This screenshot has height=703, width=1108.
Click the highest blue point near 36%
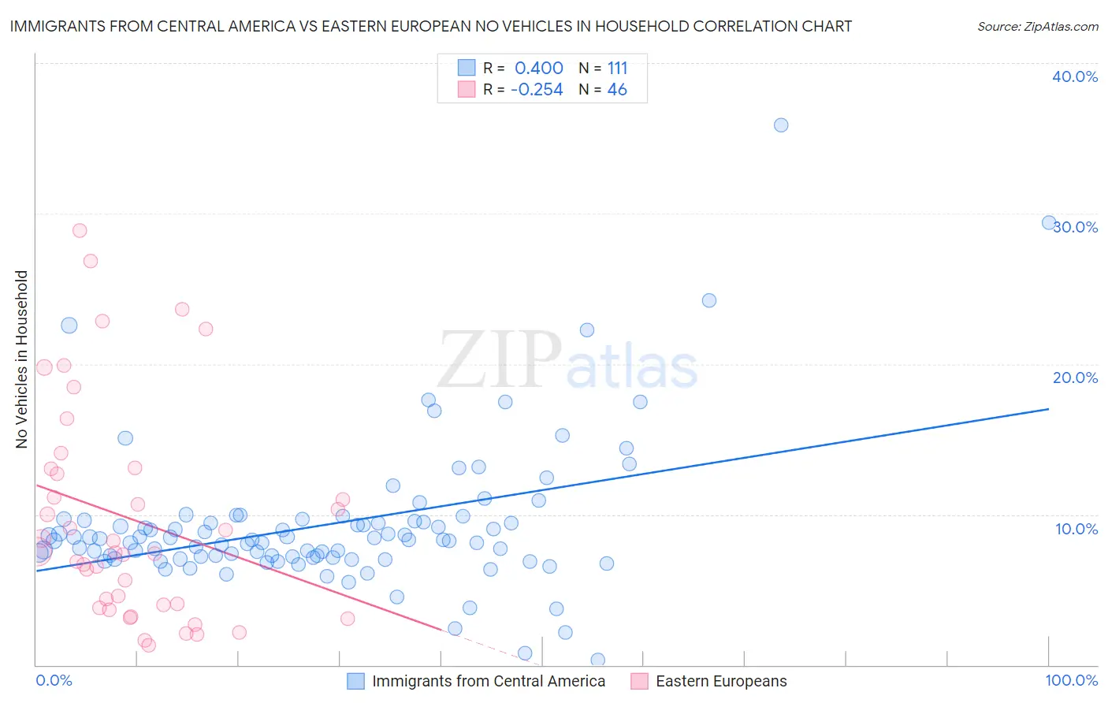(x=781, y=125)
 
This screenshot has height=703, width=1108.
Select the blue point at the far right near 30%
(x=1049, y=223)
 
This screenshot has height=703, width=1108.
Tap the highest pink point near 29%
(x=80, y=230)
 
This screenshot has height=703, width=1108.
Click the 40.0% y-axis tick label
(x=1075, y=76)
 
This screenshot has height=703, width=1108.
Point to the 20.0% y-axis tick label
(x=1075, y=378)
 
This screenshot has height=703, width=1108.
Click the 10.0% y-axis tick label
(x=1076, y=529)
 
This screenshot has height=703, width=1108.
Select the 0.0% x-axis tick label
(x=54, y=680)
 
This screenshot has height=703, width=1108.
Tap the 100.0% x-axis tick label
(x=1071, y=680)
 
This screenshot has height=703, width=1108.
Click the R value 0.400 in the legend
(x=538, y=69)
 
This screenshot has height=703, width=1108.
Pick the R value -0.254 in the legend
(x=537, y=90)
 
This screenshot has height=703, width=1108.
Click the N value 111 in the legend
(x=617, y=69)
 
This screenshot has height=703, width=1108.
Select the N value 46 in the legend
(x=617, y=90)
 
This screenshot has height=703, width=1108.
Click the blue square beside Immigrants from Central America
(x=356, y=682)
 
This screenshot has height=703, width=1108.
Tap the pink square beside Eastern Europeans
(x=640, y=682)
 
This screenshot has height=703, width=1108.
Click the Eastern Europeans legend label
(x=721, y=682)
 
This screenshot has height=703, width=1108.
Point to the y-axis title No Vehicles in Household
(x=22, y=359)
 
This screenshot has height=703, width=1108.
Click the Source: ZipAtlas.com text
(x=1037, y=27)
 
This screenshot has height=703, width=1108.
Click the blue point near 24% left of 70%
(x=709, y=300)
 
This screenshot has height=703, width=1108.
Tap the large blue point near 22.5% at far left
(x=69, y=325)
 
